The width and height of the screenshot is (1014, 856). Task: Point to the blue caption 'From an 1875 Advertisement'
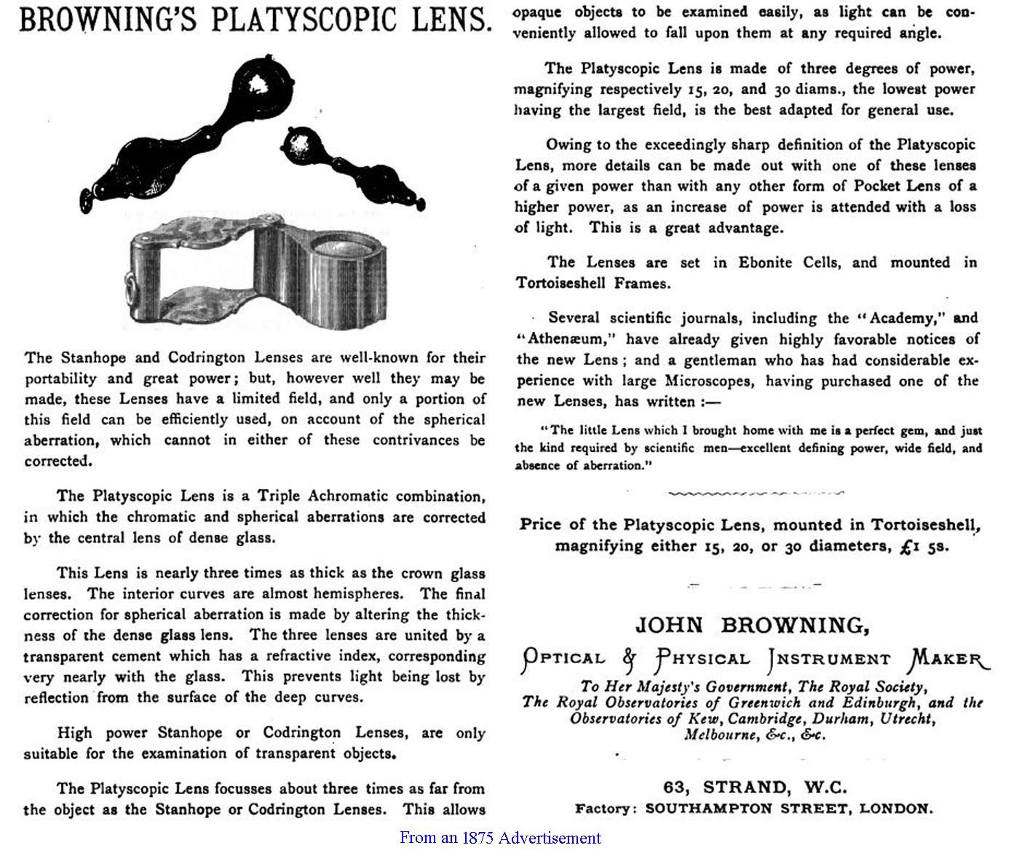click(x=500, y=838)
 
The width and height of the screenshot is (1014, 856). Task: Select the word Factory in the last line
click(x=604, y=809)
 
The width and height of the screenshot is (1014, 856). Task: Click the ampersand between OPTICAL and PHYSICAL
click(x=630, y=659)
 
